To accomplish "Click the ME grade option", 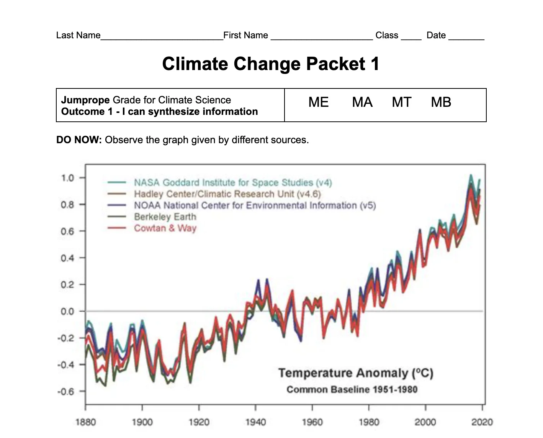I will point(318,102).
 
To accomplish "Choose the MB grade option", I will point(441,102).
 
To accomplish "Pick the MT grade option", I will point(401,102).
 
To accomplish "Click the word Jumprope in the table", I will point(85,100).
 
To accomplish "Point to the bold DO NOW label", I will point(79,140).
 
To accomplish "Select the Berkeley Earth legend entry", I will point(165,217).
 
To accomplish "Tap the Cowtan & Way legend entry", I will point(165,228).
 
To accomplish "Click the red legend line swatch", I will point(117,228).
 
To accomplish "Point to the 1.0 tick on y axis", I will point(67,178).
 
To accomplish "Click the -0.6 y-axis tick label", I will point(65,391).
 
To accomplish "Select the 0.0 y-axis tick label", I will point(67,311).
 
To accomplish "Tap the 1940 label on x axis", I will point(255,422).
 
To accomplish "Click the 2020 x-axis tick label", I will point(482,422).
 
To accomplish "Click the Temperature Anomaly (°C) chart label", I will point(356,373).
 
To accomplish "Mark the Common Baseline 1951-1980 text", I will point(352,389).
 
